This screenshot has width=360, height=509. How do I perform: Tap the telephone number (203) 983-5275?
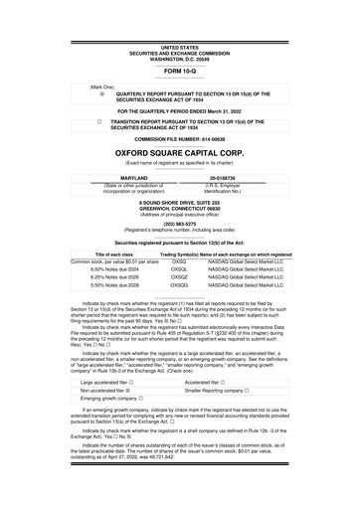tap(179, 223)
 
